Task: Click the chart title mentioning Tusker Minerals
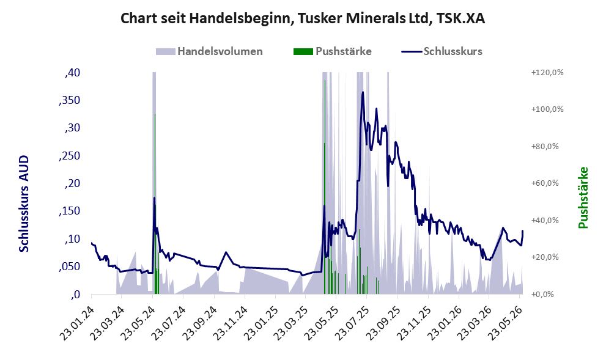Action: [303, 18]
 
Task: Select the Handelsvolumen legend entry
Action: [209, 51]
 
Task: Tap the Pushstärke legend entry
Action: [333, 51]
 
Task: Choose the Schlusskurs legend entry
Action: [442, 51]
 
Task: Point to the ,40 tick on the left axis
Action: [72, 73]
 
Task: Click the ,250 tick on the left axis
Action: [70, 156]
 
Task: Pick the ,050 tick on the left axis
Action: [70, 266]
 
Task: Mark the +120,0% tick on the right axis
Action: [547, 72]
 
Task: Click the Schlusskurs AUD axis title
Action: [24, 204]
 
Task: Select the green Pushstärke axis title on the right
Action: [583, 197]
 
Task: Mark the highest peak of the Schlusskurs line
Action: [363, 92]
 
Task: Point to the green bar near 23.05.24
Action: [155, 204]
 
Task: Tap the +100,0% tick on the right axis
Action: [547, 109]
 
